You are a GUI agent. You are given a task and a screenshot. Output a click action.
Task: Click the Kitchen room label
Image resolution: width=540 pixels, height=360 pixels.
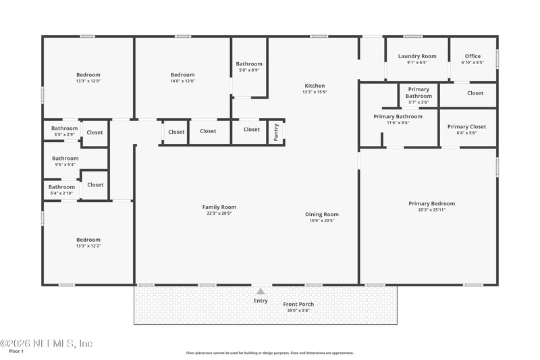point(315,86)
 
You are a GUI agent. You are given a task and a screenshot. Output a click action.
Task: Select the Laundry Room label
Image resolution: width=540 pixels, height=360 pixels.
point(417,57)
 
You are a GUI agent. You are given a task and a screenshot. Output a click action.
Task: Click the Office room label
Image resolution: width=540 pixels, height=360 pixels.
point(473,57)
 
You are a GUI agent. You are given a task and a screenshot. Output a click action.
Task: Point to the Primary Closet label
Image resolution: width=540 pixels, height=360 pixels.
point(466,127)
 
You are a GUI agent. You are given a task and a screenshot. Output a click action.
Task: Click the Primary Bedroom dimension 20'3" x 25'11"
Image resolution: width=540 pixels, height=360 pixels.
point(431,209)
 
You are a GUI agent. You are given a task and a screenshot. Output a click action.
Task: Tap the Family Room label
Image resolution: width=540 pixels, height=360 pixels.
point(219,207)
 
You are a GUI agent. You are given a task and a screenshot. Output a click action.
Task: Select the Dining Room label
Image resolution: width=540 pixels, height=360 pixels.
point(322,214)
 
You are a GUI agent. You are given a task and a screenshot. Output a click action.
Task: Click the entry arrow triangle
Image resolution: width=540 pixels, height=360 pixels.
point(261,291)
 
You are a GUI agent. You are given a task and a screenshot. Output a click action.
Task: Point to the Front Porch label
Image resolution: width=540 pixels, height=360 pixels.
point(298,304)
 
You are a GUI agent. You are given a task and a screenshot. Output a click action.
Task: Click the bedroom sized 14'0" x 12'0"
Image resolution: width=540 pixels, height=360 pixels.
point(182,75)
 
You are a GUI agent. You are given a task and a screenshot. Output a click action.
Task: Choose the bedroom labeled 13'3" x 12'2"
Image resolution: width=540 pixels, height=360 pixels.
point(88,240)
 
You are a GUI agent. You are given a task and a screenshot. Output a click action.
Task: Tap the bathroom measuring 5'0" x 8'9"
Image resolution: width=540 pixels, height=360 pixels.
point(249,64)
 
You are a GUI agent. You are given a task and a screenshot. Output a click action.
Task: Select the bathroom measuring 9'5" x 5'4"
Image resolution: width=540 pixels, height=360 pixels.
point(65,159)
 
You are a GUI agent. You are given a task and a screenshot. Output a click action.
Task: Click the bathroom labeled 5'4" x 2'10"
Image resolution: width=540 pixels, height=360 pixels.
point(61,187)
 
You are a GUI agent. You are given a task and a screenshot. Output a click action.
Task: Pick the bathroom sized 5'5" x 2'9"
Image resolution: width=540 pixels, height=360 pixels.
point(65,128)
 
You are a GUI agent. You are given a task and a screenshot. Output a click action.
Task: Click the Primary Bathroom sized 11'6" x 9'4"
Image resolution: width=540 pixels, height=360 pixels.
point(398,117)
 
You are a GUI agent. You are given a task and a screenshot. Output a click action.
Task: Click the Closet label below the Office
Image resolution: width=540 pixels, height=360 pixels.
point(475,93)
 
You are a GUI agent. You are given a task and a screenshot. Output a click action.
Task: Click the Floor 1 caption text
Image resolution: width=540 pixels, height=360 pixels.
point(16,351)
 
